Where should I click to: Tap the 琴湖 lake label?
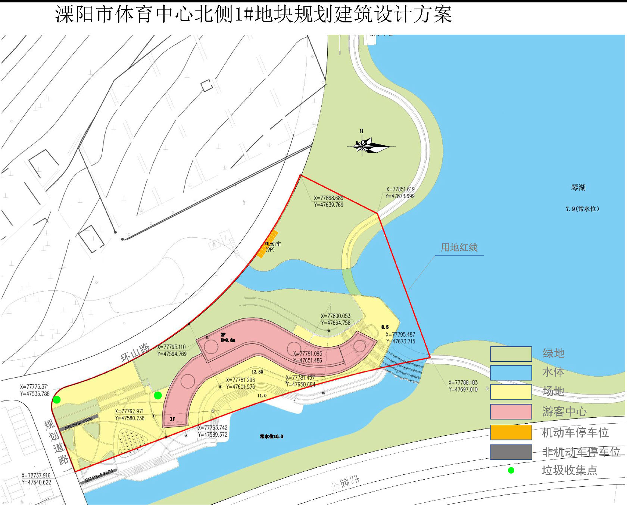(578, 187)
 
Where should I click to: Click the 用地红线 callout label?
(459, 247)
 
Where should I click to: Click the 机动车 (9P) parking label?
(272, 246)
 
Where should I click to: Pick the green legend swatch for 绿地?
(511, 354)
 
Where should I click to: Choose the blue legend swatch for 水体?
(511, 372)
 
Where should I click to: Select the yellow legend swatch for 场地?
(511, 392)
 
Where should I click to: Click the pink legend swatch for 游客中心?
(511, 412)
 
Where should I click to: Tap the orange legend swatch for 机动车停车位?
(511, 432)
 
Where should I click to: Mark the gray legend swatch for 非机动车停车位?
(511, 452)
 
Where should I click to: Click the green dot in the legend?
(511, 470)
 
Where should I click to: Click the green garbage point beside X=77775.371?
(57, 400)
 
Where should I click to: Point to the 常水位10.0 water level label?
(271, 436)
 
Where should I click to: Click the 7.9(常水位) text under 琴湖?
(582, 209)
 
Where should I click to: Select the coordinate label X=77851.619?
(400, 189)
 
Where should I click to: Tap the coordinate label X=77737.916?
(36, 476)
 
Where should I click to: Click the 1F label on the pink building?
(172, 419)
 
